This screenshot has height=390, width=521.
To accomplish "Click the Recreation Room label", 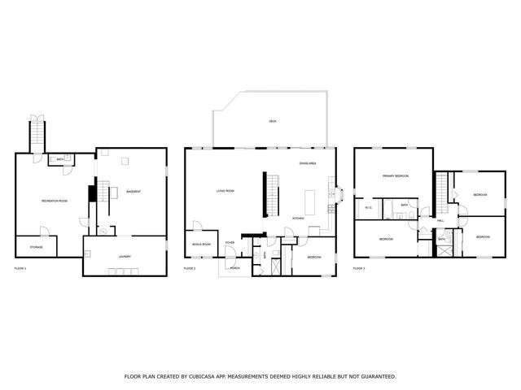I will click(55, 200).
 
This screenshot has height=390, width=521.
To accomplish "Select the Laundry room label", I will click(125, 257).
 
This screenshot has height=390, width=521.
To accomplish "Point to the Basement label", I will click(134, 192).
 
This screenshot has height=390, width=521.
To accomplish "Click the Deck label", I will click(273, 121).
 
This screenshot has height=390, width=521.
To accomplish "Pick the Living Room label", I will click(225, 191).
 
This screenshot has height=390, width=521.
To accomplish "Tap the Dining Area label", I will click(308, 164).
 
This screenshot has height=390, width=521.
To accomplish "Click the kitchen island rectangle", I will click(310, 201).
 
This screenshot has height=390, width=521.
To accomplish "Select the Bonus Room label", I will click(201, 244).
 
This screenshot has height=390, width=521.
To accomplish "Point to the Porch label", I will click(234, 267).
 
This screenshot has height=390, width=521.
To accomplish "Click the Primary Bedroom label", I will click(396, 175).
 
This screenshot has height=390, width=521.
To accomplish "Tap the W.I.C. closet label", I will click(368, 208).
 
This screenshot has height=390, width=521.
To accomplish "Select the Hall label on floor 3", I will click(440, 220).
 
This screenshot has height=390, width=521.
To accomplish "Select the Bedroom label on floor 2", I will click(313, 257).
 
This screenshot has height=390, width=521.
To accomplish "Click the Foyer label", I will click(230, 242).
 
